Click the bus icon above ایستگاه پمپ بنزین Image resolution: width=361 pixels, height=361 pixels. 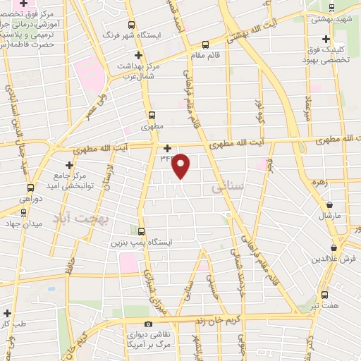click(141, 231)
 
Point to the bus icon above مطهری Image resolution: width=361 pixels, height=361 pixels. click(152, 115)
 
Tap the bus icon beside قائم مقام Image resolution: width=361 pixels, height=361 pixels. click(204, 44)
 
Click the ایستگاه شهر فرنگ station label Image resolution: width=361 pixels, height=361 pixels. click(132, 34)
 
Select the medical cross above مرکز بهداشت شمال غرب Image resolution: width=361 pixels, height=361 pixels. click(139, 54)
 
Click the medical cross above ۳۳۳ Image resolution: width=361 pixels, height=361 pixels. click(167, 148)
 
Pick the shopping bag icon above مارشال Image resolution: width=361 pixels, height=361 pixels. click(329, 203)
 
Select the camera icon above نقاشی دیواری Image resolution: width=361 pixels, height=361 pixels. click(149, 324)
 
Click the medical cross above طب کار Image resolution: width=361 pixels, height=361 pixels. click(7, 313)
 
